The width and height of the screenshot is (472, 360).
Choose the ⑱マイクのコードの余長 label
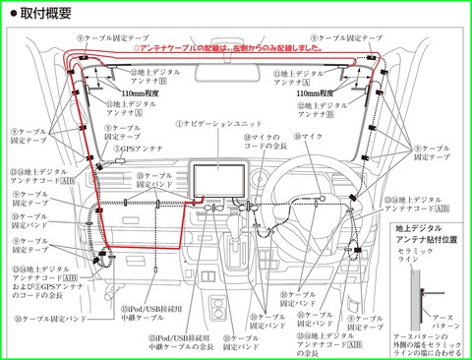[x=265, y=143]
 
